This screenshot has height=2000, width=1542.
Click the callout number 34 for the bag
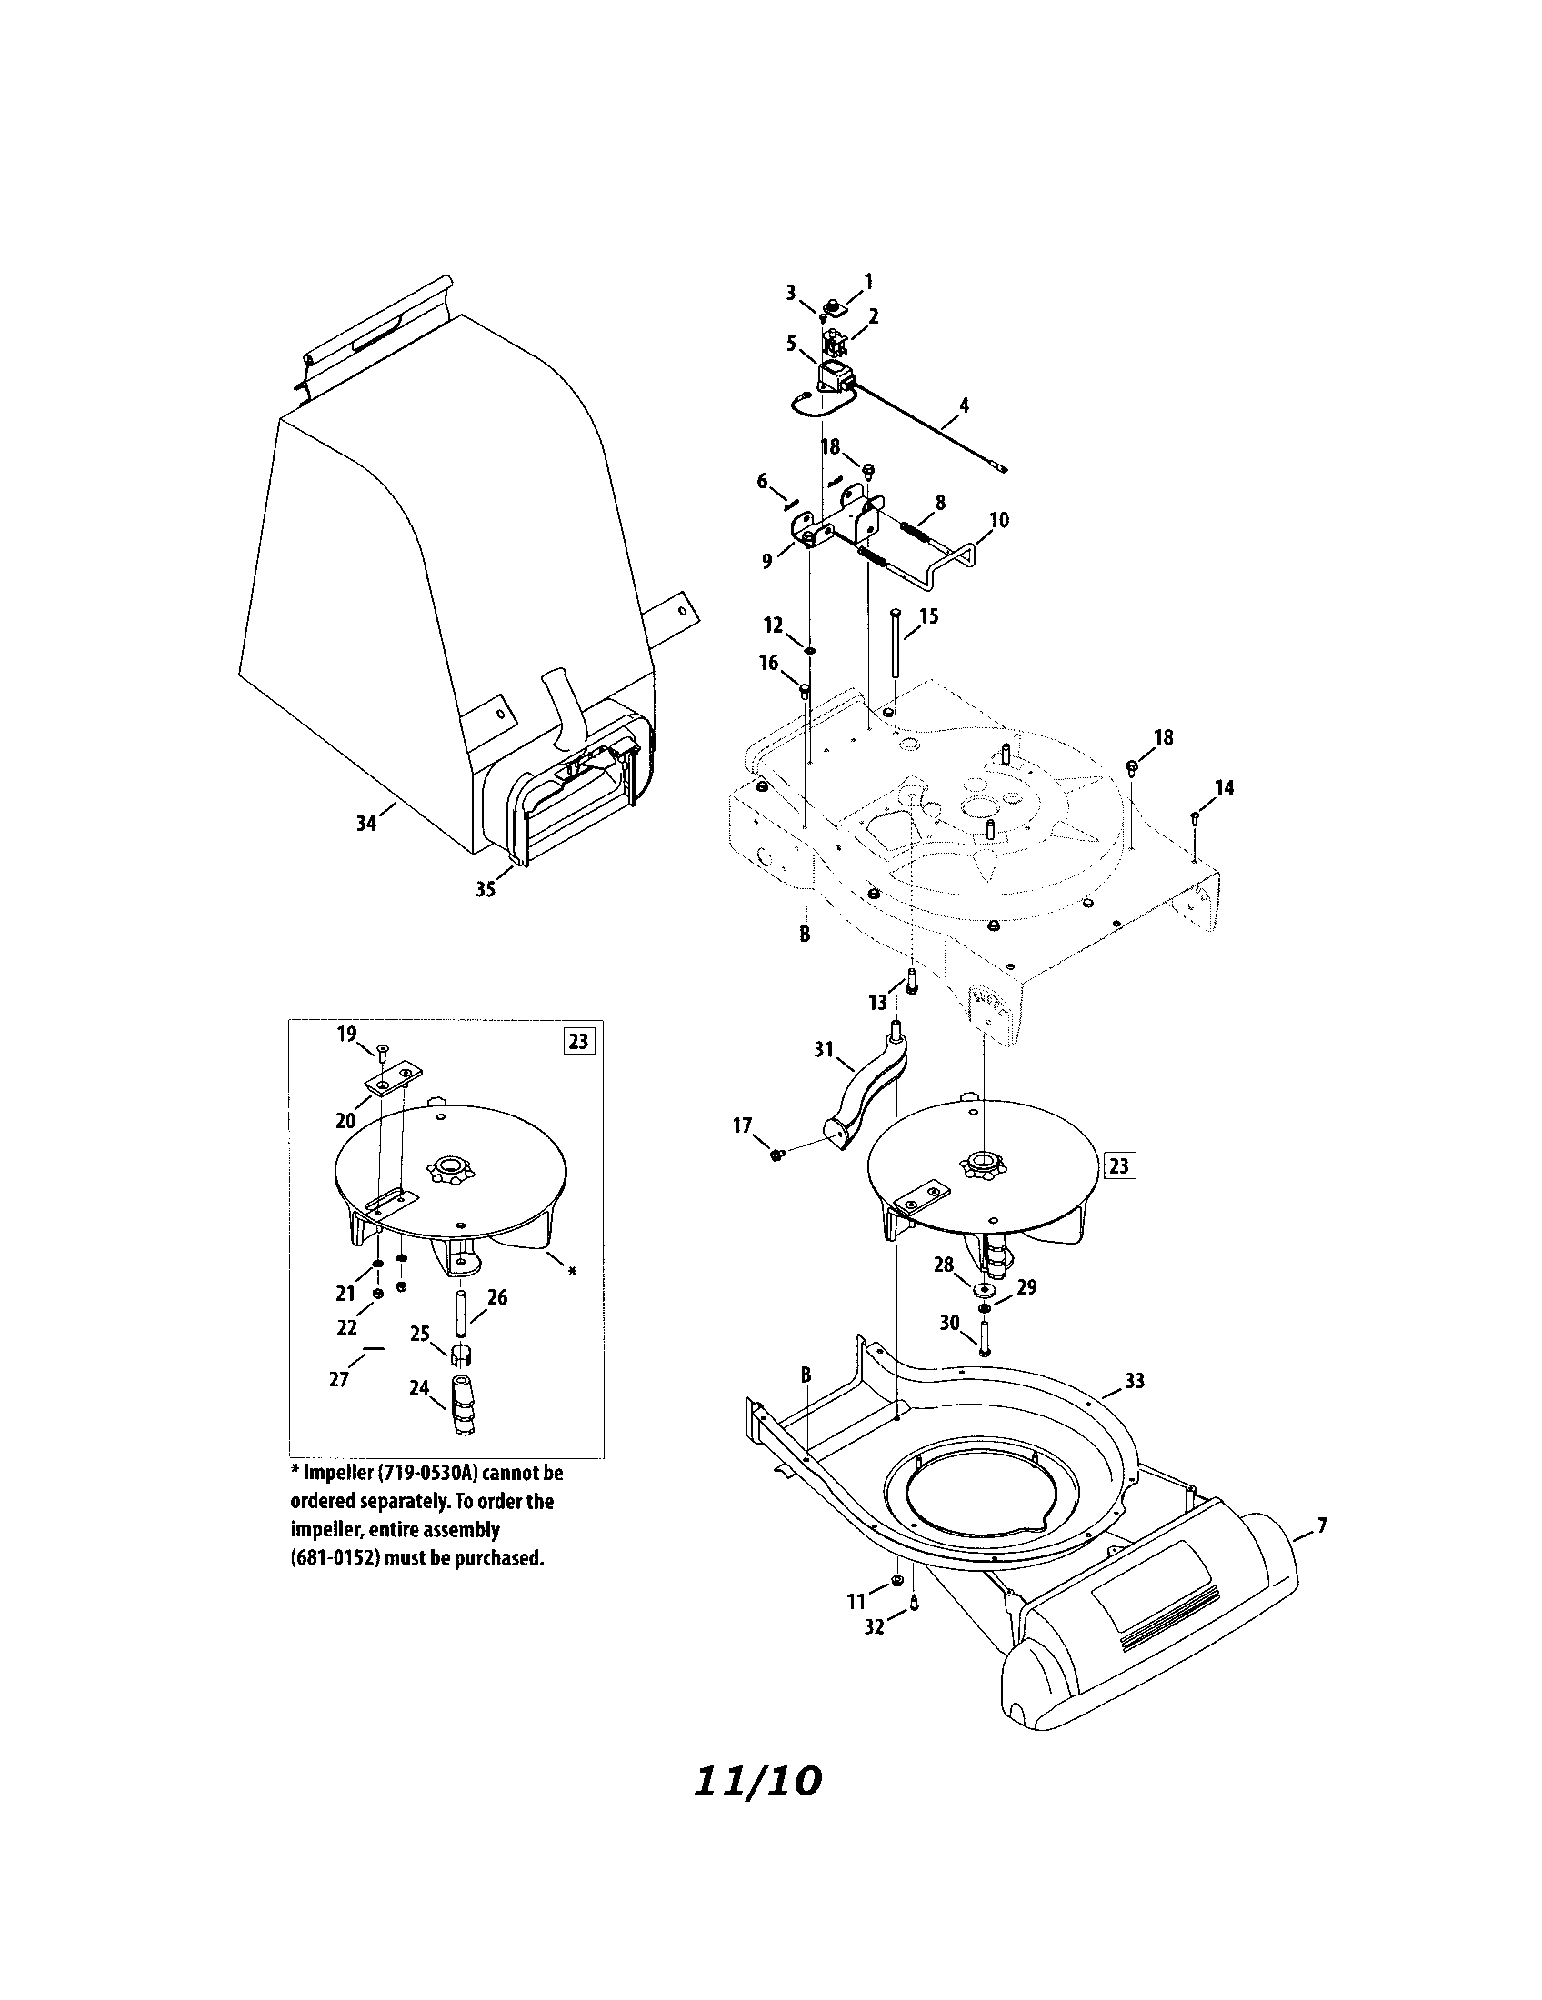tap(366, 824)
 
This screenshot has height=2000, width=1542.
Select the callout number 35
tap(486, 888)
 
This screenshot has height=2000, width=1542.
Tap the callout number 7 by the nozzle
tap(1321, 1525)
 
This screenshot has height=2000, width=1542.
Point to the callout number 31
tap(824, 1049)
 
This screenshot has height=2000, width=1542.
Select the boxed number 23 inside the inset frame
tap(580, 1042)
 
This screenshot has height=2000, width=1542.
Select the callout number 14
tap(1224, 787)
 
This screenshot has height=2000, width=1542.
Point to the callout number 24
tap(419, 1388)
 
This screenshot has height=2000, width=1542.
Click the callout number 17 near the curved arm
tap(742, 1125)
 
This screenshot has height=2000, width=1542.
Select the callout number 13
tap(878, 1003)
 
